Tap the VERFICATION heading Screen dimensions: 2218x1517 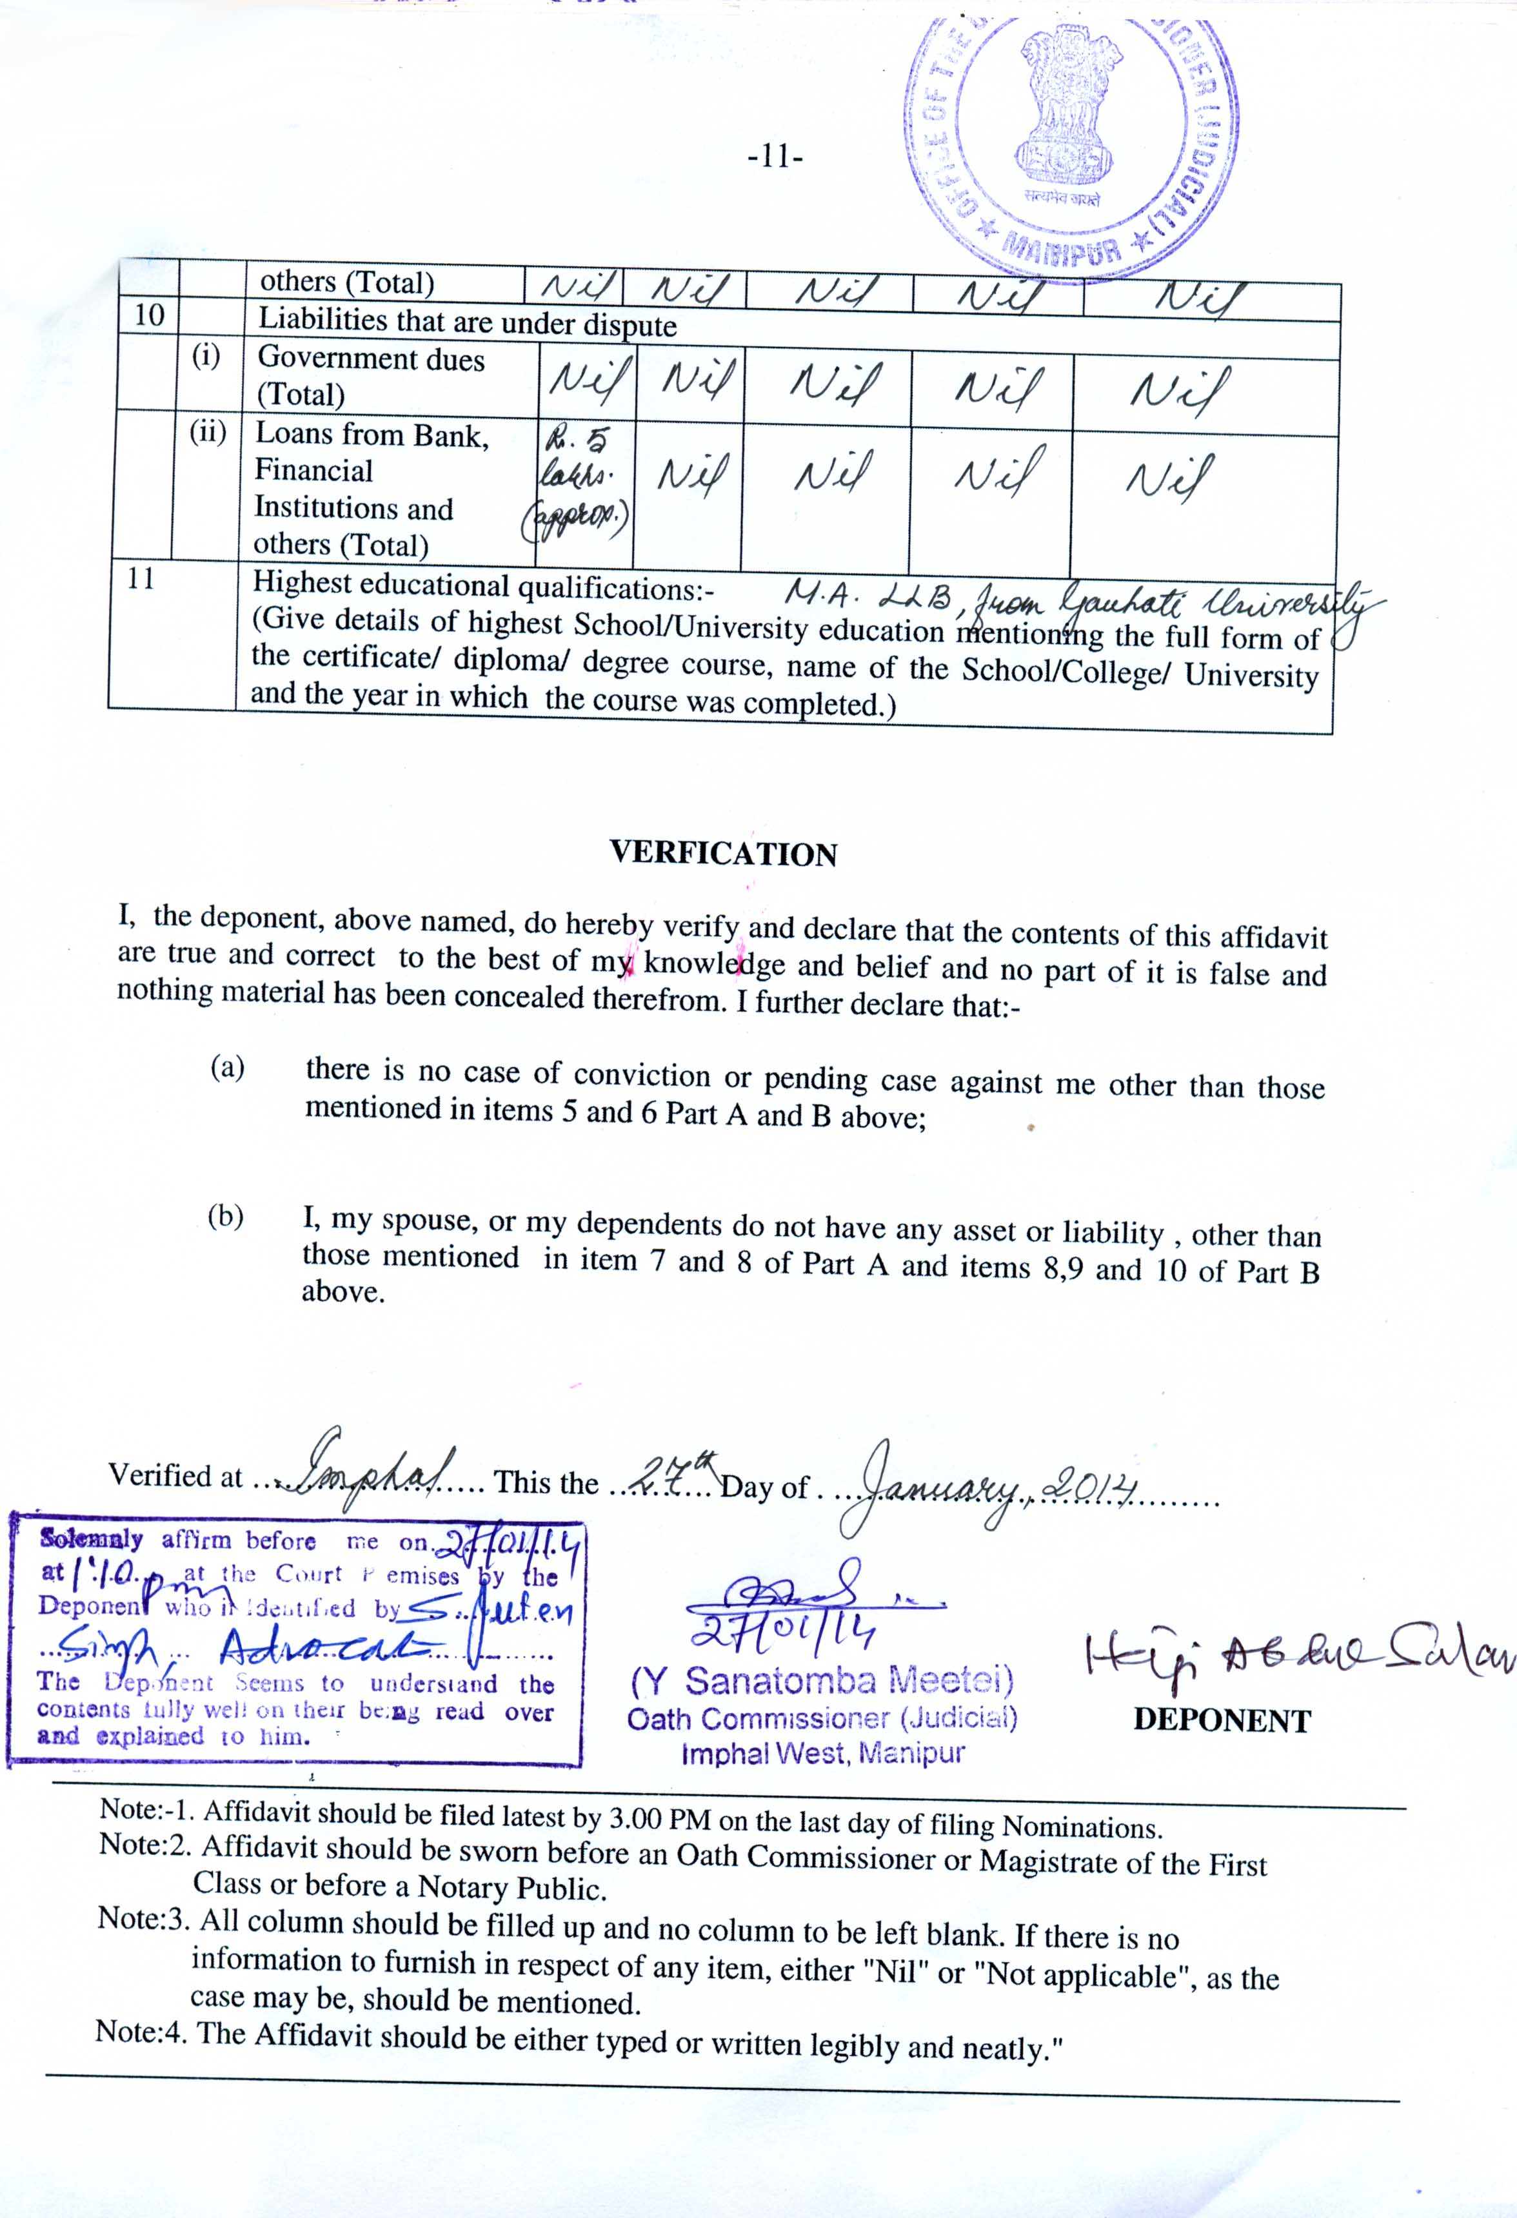[x=724, y=853]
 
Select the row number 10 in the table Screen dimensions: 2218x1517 [x=149, y=315]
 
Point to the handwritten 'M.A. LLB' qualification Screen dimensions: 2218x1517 [x=867, y=596]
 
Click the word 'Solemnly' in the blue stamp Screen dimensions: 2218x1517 [x=92, y=1540]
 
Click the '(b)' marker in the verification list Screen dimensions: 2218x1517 [x=225, y=1216]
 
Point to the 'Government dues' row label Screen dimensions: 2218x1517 [x=372, y=359]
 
